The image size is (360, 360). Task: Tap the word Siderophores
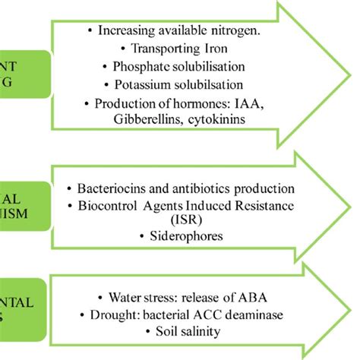point(180,236)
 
